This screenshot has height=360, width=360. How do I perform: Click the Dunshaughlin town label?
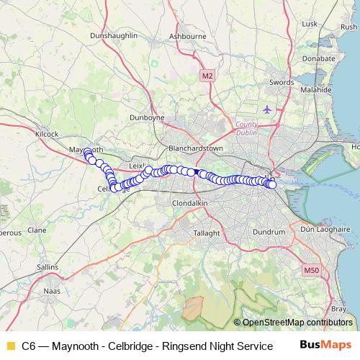[x=114, y=35]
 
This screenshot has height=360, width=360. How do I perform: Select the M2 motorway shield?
[x=207, y=75]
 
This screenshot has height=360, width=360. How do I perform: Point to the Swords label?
[x=281, y=83]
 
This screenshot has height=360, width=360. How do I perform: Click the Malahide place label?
[x=315, y=91]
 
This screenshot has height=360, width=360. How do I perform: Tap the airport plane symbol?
[x=269, y=109]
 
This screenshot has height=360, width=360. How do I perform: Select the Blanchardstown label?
[x=195, y=148]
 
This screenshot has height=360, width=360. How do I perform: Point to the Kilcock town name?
[x=46, y=134]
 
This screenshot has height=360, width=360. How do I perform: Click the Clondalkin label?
[x=189, y=204]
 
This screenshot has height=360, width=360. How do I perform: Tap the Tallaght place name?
[x=209, y=233]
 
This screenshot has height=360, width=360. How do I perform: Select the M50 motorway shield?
[x=311, y=270]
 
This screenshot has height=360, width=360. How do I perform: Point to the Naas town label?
[x=53, y=291]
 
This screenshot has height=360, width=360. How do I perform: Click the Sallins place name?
[x=47, y=266]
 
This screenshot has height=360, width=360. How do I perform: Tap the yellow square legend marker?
[x=10, y=346]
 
